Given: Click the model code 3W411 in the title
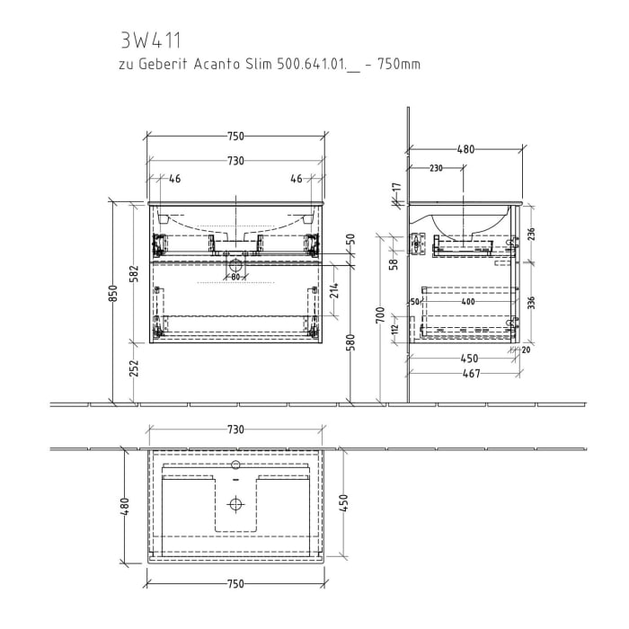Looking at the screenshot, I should [x=149, y=40].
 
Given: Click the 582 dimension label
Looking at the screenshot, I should [x=134, y=272].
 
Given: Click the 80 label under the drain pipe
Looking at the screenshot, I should [x=235, y=277].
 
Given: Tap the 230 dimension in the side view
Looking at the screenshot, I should [x=436, y=168].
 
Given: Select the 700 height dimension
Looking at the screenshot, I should [x=381, y=314].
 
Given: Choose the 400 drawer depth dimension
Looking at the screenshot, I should [x=467, y=302].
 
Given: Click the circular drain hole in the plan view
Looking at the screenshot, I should [x=235, y=503].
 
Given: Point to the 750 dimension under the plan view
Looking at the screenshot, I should [x=235, y=584].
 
